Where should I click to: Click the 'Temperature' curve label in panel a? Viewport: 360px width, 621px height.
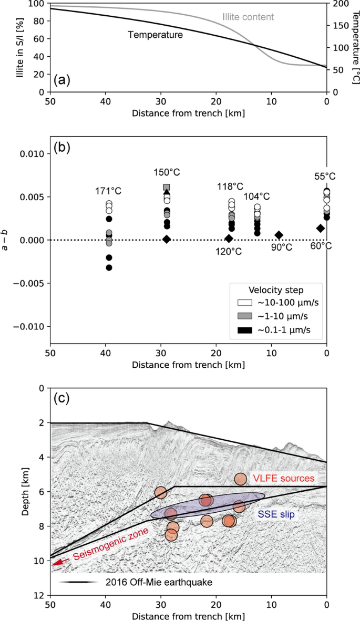[x=155, y=35]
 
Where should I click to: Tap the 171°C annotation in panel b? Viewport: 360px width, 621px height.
[x=108, y=191]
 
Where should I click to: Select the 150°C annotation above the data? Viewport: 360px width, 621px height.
[x=167, y=172]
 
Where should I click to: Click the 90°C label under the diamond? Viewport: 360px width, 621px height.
[x=281, y=247]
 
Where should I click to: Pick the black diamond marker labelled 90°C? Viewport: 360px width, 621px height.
[x=279, y=235]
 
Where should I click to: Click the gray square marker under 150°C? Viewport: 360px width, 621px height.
[x=167, y=187]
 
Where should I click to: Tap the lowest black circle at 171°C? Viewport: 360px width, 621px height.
[x=109, y=267]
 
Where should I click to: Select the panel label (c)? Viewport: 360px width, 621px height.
[x=62, y=399]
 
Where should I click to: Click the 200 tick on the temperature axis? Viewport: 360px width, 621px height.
[x=338, y=4]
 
